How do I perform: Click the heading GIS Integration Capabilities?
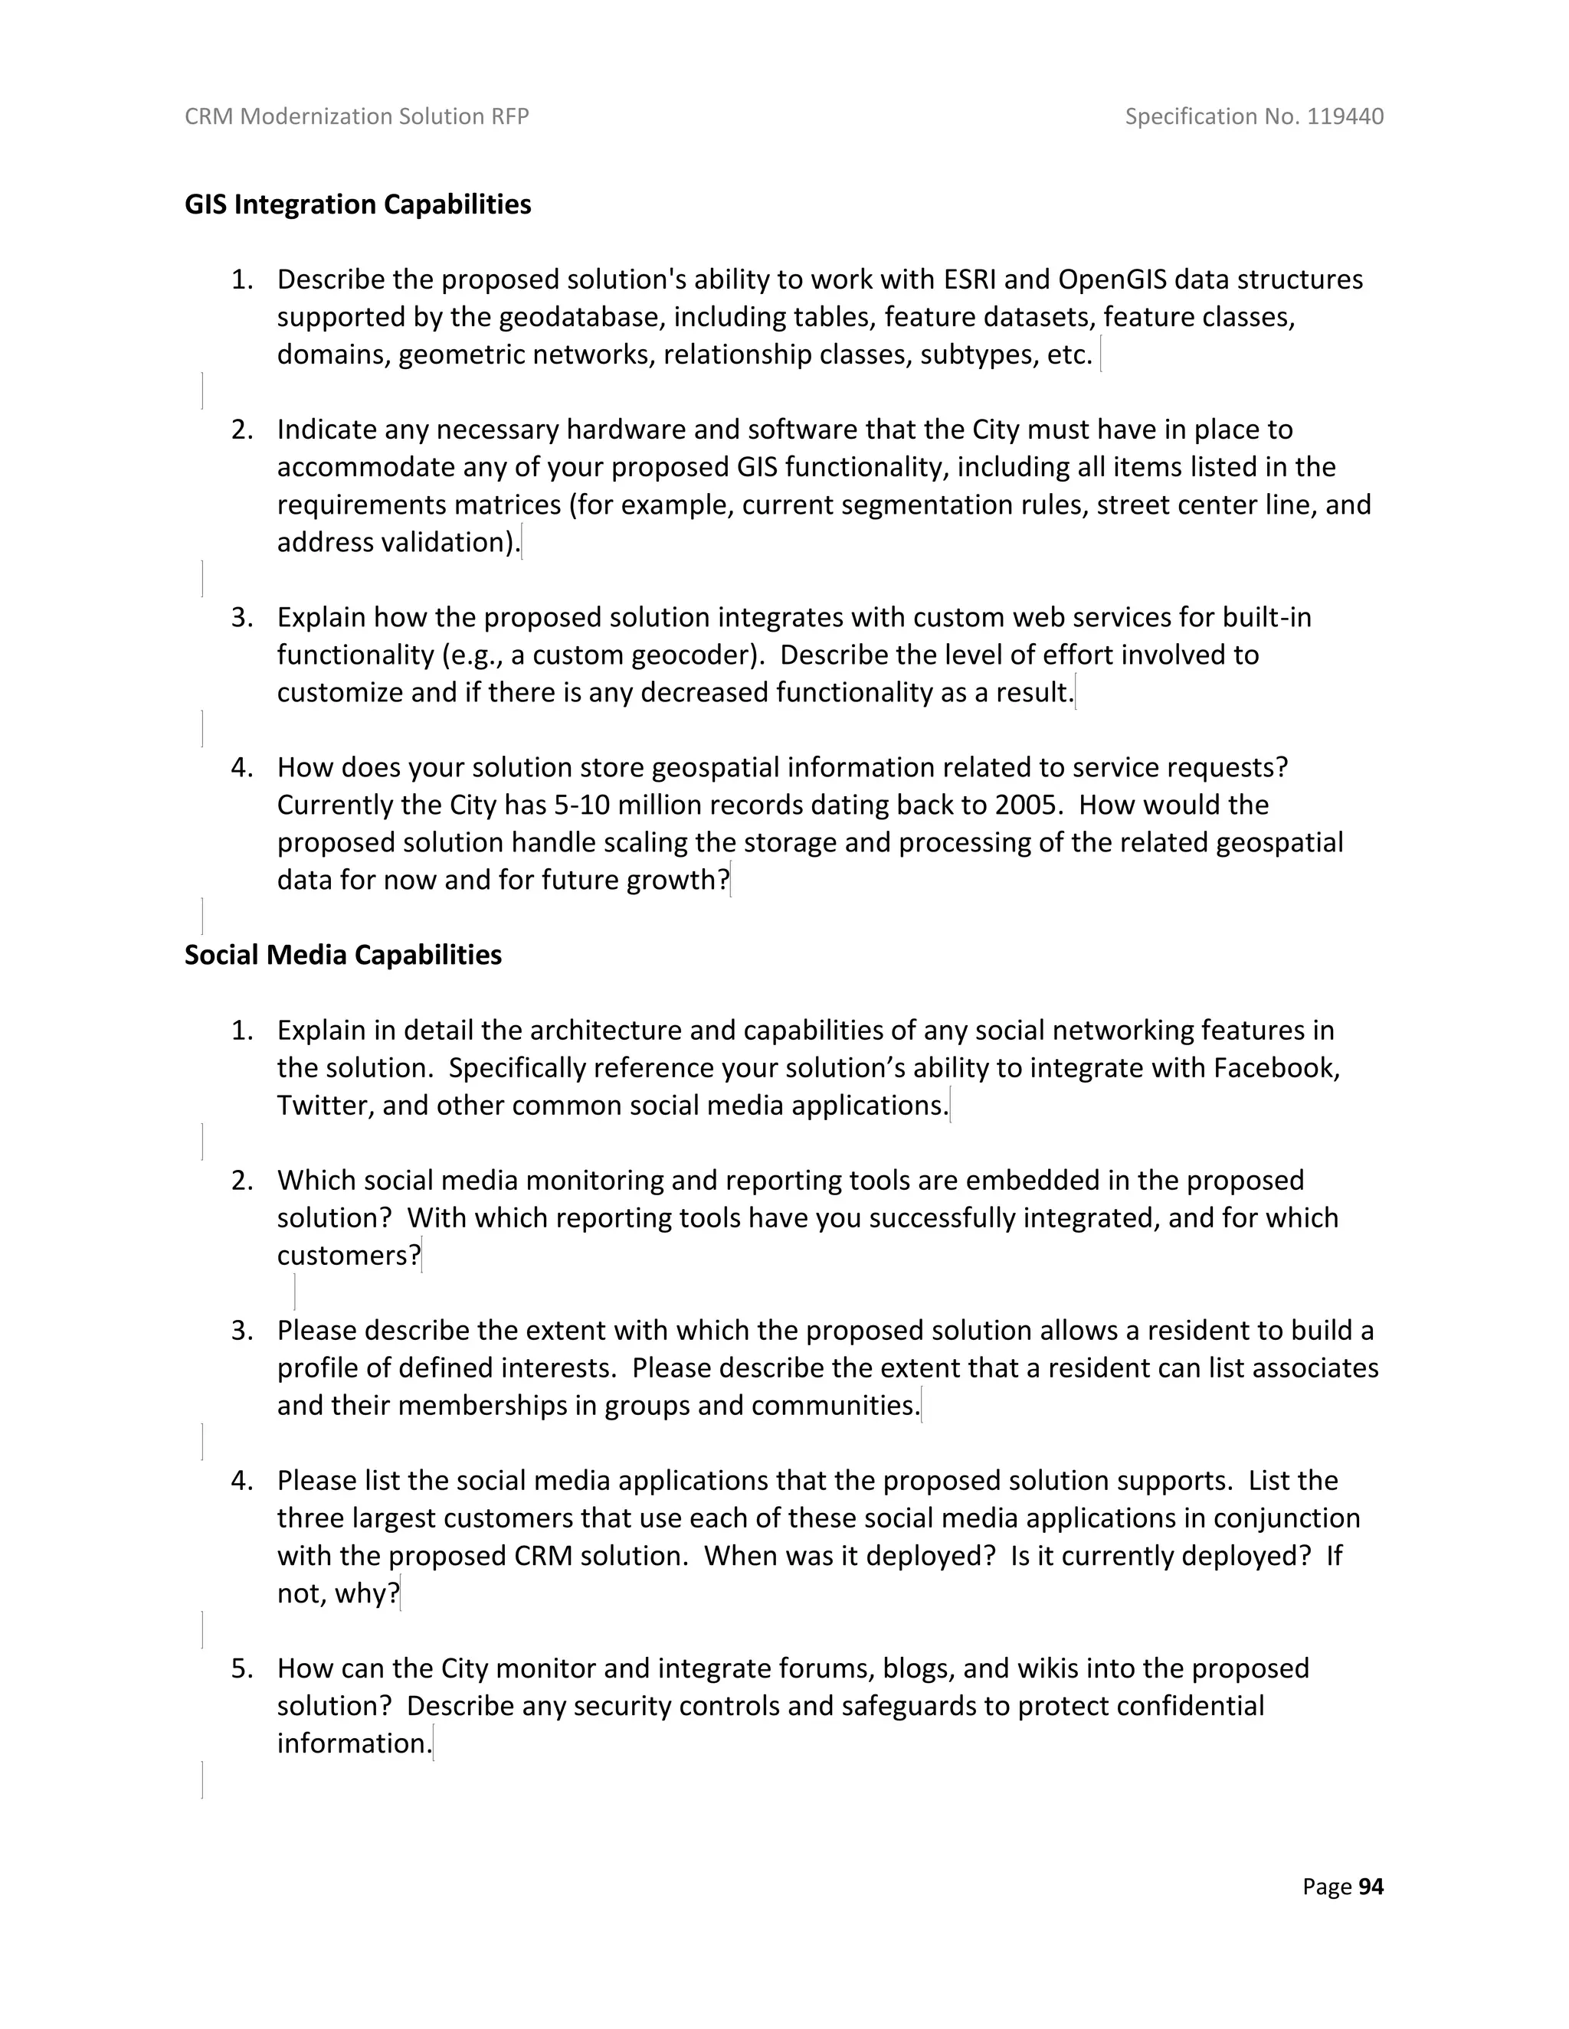tap(357, 204)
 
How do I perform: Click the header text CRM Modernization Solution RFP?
tap(357, 116)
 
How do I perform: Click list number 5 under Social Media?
tap(241, 1668)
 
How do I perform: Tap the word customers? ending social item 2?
tap(349, 1256)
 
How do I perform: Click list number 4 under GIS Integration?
tap(241, 767)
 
